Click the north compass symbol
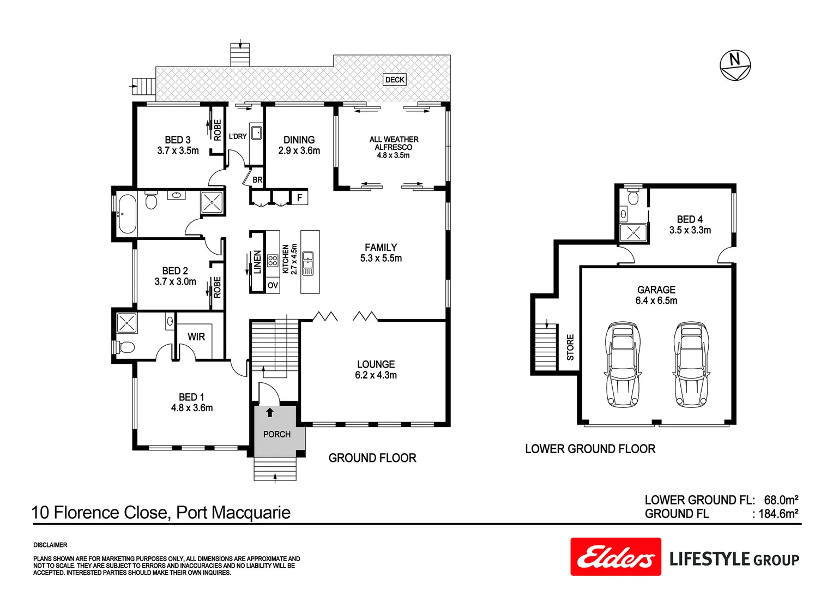click(x=735, y=65)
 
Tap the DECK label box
click(x=395, y=80)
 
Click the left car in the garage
click(x=623, y=364)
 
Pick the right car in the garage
click(x=692, y=364)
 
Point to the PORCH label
click(x=276, y=434)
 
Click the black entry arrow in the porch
click(x=269, y=412)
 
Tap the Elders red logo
click(x=615, y=557)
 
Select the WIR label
click(x=196, y=337)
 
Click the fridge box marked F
click(x=299, y=197)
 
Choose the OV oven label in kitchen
click(x=273, y=285)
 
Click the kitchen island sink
click(x=308, y=263)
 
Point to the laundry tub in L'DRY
click(x=256, y=133)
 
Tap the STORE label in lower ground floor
click(x=570, y=347)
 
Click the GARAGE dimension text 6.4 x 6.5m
click(x=656, y=300)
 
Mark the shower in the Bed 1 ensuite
click(x=127, y=323)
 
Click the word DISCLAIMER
click(x=50, y=545)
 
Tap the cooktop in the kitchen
click(x=273, y=260)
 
